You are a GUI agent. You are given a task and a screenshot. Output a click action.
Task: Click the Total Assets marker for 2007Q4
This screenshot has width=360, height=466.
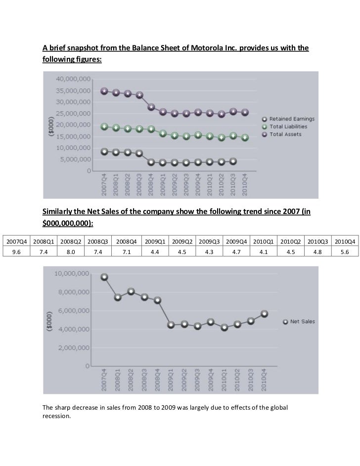[104, 91]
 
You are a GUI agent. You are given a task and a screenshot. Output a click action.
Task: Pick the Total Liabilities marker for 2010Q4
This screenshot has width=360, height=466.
[245, 137]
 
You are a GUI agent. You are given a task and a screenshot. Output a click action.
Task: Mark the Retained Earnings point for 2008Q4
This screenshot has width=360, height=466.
[151, 162]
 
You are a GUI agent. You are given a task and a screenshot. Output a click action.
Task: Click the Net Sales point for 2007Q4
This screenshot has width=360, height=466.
[104, 277]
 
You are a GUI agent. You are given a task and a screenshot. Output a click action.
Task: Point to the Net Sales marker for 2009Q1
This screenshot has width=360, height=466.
[171, 325]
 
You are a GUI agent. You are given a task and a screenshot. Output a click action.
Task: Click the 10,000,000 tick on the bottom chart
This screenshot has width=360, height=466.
[72, 259]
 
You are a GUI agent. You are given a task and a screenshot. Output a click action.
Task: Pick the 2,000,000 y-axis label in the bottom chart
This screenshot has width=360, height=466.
[74, 348]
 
